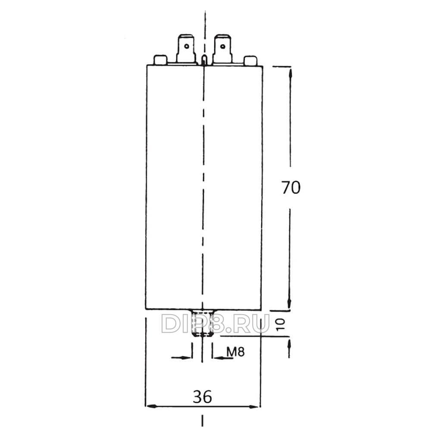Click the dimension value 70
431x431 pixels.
291,188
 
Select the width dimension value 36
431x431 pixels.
202,397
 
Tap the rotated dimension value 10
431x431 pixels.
281,325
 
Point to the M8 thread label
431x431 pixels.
236,351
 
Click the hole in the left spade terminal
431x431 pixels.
187,46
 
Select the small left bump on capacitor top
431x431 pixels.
160,60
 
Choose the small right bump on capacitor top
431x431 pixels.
251,60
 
